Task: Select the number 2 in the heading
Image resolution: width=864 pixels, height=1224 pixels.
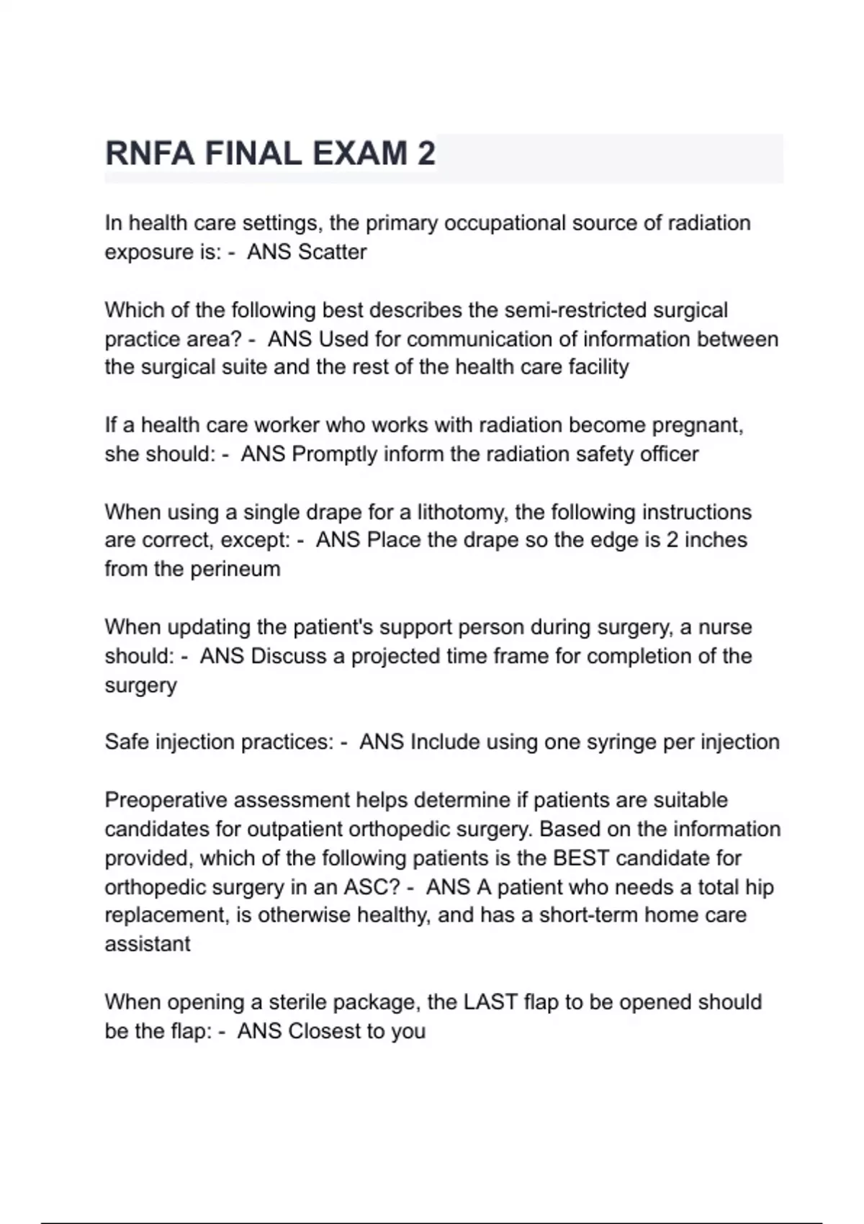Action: pyautogui.click(x=426, y=153)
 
